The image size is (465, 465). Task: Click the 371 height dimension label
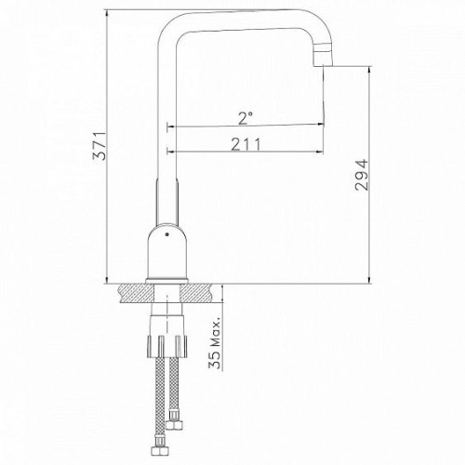[100, 146]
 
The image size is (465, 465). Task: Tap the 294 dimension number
[362, 175]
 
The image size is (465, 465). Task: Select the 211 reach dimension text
[246, 144]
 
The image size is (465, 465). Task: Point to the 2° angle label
[246, 118]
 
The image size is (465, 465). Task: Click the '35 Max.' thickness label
[216, 343]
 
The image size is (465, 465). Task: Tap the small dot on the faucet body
[167, 234]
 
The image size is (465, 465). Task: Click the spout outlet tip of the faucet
[323, 65]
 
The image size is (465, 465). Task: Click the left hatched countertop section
[137, 293]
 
